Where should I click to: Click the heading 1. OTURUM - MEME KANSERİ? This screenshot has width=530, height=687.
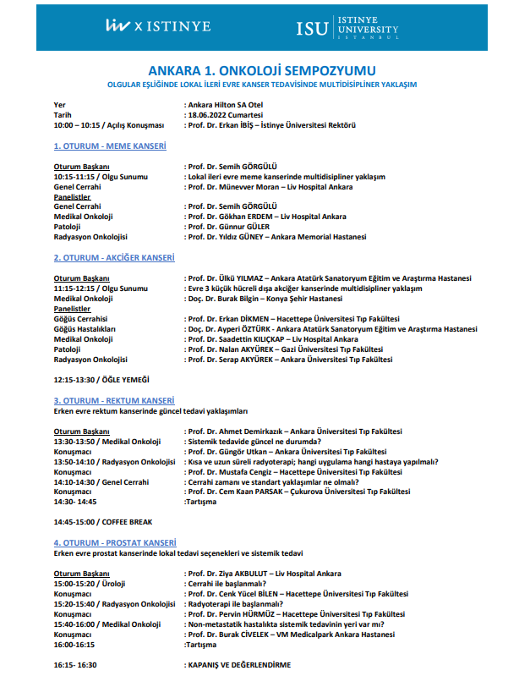pos(110,146)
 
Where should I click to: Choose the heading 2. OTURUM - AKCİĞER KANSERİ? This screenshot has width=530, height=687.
pos(114,257)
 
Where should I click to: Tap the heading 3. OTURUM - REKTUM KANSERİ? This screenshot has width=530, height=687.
pos(114,400)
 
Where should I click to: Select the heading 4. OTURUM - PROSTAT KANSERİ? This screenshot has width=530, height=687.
pos(115,542)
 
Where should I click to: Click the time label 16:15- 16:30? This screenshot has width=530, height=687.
pos(75,665)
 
